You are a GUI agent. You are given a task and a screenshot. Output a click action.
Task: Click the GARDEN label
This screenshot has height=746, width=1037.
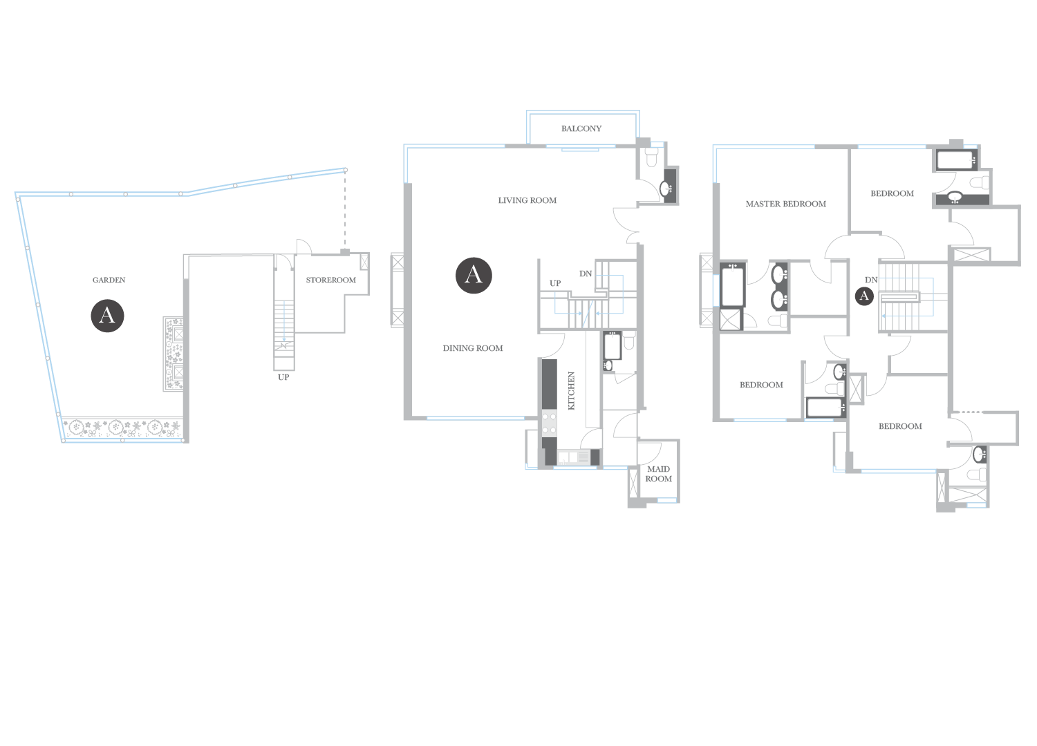click(x=109, y=280)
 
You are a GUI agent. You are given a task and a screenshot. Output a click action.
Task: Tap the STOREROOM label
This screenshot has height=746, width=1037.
click(x=330, y=280)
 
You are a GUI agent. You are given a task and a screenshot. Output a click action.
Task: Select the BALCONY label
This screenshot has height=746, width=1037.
click(x=581, y=128)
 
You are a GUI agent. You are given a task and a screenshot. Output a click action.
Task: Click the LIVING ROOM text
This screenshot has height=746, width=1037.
click(x=527, y=200)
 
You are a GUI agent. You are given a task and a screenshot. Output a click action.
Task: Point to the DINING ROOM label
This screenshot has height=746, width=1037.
click(x=473, y=348)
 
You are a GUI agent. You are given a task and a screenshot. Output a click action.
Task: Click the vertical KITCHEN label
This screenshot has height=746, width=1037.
click(x=571, y=391)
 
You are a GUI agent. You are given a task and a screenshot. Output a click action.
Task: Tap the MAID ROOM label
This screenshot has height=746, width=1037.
click(x=658, y=474)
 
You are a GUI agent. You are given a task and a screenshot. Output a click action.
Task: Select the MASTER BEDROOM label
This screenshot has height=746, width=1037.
click(x=785, y=204)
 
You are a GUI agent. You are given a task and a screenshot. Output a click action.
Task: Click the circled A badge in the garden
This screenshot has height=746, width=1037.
click(x=107, y=316)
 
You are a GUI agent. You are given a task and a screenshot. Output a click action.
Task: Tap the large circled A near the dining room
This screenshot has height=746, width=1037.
click(x=474, y=275)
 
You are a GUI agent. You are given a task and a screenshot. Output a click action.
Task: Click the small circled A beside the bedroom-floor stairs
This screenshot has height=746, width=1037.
click(x=864, y=296)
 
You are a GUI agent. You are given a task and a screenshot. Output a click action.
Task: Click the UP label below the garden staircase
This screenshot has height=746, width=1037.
click(x=283, y=377)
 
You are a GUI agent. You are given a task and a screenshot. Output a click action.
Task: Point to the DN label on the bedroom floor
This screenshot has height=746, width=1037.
click(x=871, y=280)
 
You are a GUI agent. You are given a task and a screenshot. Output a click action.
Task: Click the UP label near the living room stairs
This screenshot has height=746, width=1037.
click(x=555, y=283)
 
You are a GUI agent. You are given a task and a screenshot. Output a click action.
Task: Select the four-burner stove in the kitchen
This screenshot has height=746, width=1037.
click(x=549, y=423)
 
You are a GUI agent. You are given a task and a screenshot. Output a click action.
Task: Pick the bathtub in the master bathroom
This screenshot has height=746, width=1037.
click(x=732, y=284)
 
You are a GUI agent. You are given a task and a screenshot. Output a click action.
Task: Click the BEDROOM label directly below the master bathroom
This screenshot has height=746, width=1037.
click(x=761, y=385)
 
